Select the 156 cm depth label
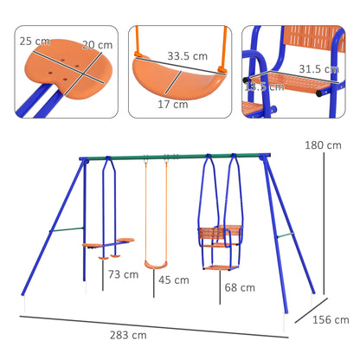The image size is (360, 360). pyautogui.click(x=325, y=320)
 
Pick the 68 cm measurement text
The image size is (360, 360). pyautogui.click(x=239, y=287)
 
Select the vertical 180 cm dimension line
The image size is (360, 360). pyautogui.click(x=325, y=216)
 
